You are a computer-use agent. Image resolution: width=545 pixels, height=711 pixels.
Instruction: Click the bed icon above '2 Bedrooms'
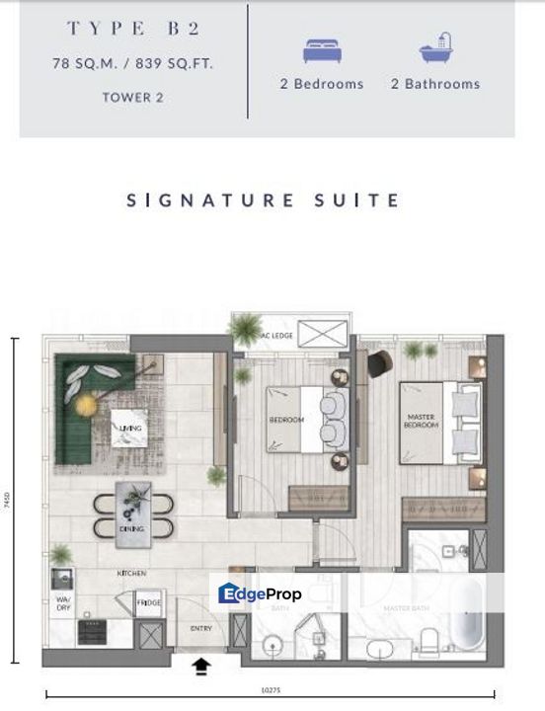pos(320,50)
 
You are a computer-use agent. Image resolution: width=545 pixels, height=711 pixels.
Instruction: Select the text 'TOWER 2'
pos(132,97)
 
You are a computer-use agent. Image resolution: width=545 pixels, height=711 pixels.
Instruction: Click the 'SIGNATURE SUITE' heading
pos(264,200)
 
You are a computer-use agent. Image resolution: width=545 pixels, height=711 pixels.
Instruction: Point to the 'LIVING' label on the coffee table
pos(128,428)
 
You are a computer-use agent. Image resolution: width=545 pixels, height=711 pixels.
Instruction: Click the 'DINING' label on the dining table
pos(132,528)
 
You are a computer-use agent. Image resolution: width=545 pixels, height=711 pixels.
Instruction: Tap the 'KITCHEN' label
pos(132,573)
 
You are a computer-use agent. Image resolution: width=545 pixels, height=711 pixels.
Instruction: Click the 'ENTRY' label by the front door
pos(200,628)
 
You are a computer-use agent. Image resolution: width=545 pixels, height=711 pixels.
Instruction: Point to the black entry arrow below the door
pos(200,667)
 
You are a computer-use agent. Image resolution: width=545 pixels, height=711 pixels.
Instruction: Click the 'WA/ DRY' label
pos(61,603)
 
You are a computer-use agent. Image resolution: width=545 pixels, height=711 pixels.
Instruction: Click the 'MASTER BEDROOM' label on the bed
pos(421,421)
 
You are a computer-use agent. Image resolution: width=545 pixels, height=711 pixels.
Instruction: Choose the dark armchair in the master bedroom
pos(380,363)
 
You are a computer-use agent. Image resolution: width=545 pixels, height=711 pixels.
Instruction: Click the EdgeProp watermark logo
pos(260,593)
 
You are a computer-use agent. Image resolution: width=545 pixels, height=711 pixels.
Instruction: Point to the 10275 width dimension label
pos(270,694)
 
